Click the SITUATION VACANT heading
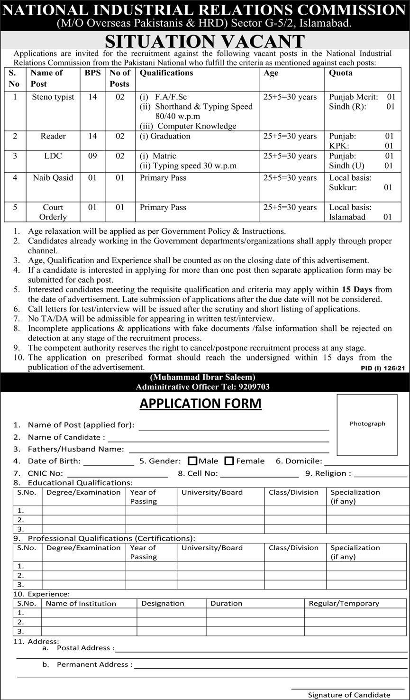205,41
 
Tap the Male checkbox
192,461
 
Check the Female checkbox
229,461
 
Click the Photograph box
367,424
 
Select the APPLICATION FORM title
200,404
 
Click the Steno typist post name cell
53,97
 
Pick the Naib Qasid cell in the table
53,178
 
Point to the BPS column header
92,73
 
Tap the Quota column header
340,73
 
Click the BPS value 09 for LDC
92,156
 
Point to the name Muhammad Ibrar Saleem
203,378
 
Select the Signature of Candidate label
349,695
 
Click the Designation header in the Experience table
163,603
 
